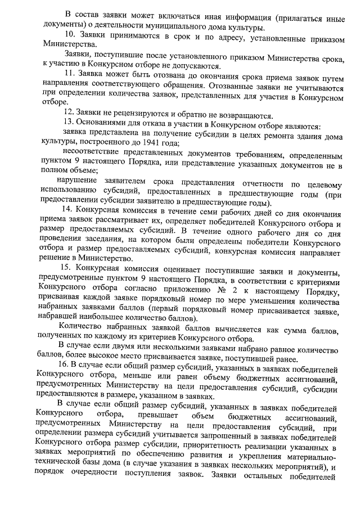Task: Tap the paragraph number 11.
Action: (x=69, y=73)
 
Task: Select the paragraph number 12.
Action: (x=69, y=115)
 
